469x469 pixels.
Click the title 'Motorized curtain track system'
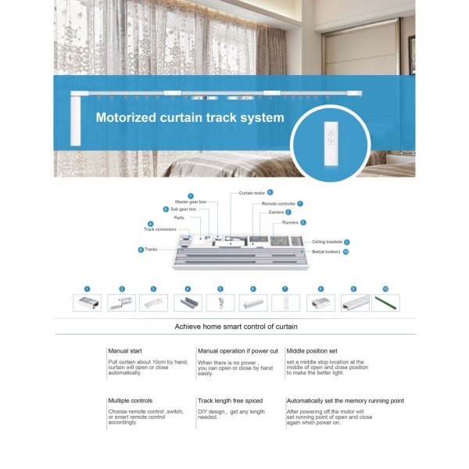coord(189,119)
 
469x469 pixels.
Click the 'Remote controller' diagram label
coord(277,203)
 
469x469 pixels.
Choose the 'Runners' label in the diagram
coord(290,223)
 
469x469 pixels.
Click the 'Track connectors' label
coord(160,229)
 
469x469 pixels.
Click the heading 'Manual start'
coord(125,351)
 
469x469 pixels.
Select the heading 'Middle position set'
coord(313,351)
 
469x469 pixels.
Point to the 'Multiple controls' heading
coord(131,401)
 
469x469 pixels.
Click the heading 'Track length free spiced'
coord(231,401)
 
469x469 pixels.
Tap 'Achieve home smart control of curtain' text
coord(235,326)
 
